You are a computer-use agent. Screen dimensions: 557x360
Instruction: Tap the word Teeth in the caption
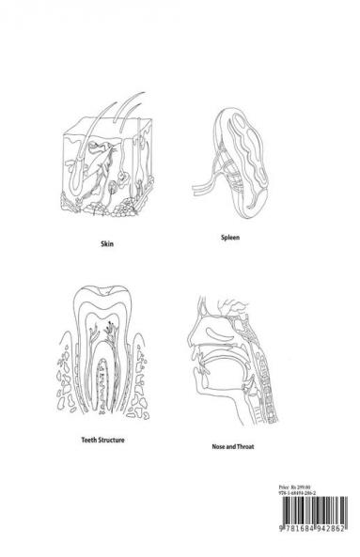89,439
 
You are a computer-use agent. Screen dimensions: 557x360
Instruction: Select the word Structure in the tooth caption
116,439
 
